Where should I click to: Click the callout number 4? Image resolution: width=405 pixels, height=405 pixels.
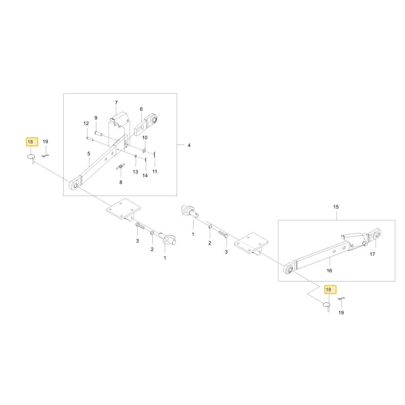pyautogui.click(x=189, y=145)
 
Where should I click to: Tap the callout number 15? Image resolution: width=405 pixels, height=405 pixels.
pyautogui.click(x=336, y=207)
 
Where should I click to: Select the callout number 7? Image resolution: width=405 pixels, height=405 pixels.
pyautogui.click(x=116, y=102)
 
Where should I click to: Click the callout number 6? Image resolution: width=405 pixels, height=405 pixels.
pyautogui.click(x=141, y=109)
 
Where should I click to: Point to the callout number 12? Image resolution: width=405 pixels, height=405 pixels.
pyautogui.click(x=86, y=124)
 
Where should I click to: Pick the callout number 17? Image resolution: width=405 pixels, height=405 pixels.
pyautogui.click(x=372, y=254)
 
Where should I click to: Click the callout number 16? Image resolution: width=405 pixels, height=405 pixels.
pyautogui.click(x=329, y=271)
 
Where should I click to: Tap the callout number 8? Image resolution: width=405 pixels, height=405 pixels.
pyautogui.click(x=121, y=182)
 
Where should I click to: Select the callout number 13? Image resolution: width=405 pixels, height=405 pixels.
pyautogui.click(x=135, y=172)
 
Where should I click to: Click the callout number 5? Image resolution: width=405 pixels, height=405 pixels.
pyautogui.click(x=89, y=153)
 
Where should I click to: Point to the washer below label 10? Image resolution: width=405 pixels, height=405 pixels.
pyautogui.click(x=144, y=150)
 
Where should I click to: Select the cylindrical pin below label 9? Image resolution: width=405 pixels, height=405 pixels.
pyautogui.click(x=99, y=134)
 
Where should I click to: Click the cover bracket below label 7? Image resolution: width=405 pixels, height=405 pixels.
pyautogui.click(x=120, y=119)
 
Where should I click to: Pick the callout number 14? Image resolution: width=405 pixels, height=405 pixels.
pyautogui.click(x=145, y=176)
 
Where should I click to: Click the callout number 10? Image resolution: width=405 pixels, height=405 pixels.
pyautogui.click(x=145, y=138)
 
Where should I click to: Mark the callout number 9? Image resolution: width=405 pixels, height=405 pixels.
pyautogui.click(x=96, y=118)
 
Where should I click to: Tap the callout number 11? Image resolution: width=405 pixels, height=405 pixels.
pyautogui.click(x=154, y=171)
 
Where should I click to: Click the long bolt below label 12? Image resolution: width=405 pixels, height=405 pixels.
pyautogui.click(x=90, y=139)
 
